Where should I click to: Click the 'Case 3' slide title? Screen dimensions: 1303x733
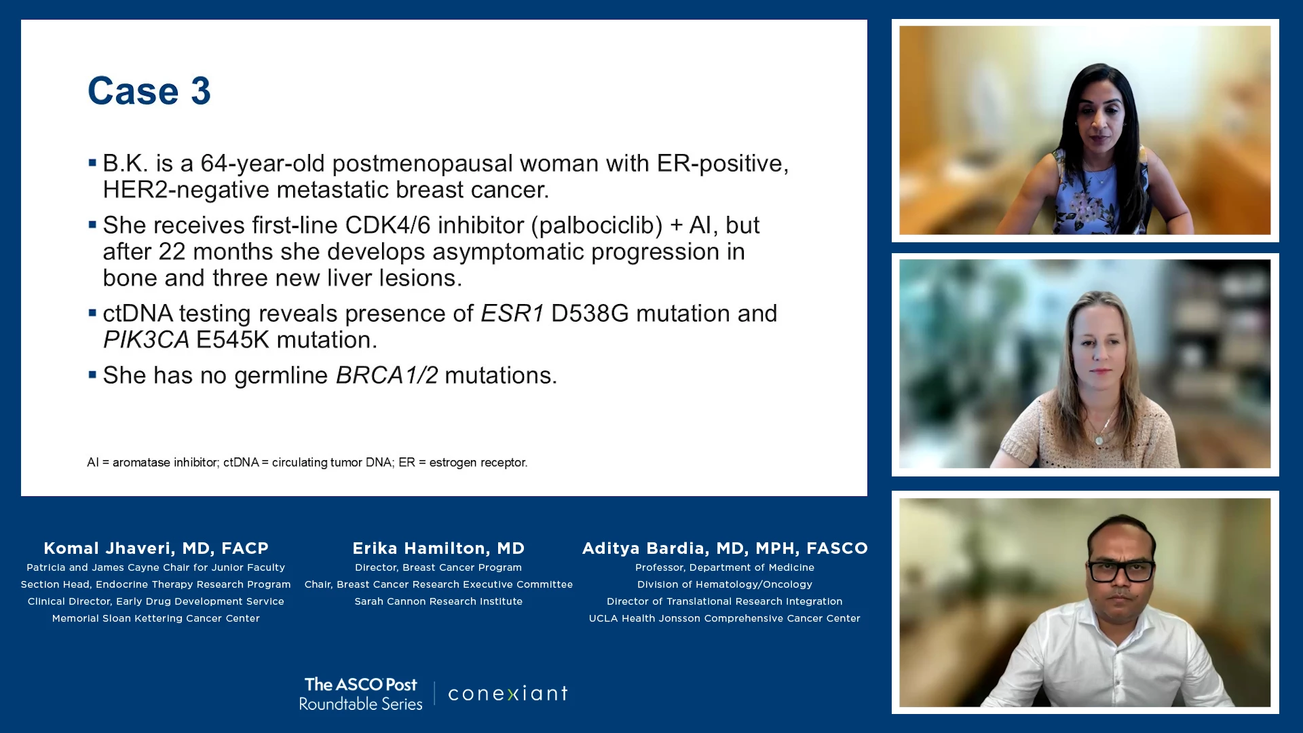pos(149,91)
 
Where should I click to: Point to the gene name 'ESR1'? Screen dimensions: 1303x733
pos(512,314)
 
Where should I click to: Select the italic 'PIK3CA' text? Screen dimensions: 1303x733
pos(146,340)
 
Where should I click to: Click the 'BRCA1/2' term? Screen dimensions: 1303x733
pos(387,375)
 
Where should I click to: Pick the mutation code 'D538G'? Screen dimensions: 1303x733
pos(590,314)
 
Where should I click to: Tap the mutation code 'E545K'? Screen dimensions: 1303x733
pos(233,340)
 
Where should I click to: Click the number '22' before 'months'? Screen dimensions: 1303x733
pos(172,252)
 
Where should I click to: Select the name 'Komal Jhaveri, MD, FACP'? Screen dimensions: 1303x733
pos(156,548)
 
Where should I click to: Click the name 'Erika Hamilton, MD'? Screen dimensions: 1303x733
pos(438,548)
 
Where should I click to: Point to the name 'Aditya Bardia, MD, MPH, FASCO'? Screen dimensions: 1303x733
pos(725,548)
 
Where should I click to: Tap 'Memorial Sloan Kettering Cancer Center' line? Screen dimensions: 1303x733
pos(156,618)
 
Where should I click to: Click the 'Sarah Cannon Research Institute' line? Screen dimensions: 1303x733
pos(438,601)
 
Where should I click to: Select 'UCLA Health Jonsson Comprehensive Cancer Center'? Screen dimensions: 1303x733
pos(725,618)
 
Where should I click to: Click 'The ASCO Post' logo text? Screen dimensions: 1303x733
pos(361,685)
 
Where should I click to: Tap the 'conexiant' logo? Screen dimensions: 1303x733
pos(508,694)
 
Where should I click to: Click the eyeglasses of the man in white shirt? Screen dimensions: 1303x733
pos(1120,571)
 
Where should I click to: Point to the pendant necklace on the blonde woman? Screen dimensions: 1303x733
pos(1099,440)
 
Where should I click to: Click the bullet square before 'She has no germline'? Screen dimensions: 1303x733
pos(92,375)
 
